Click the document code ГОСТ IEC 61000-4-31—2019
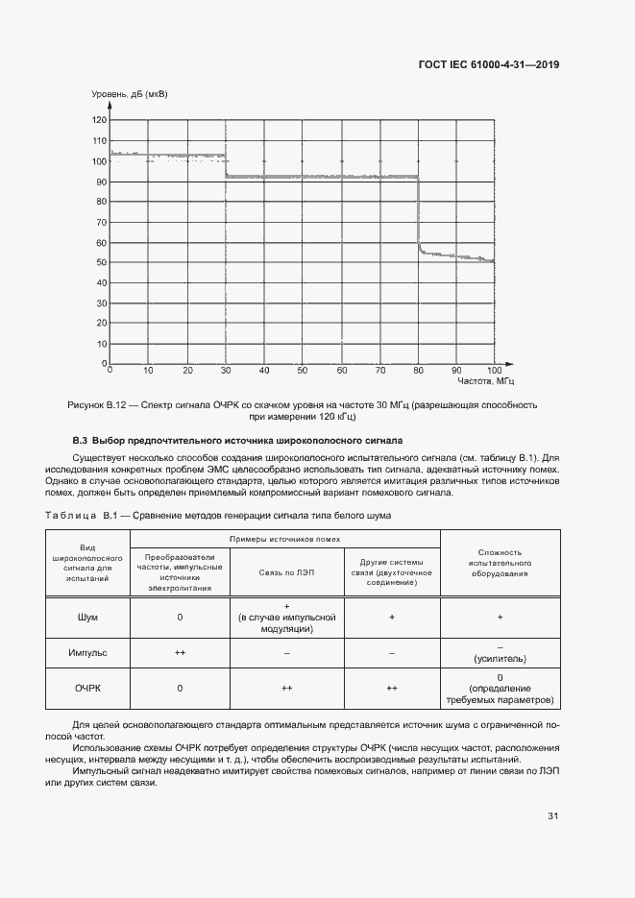pyautogui.click(x=488, y=65)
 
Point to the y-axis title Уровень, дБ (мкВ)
pyautogui.click(x=129, y=94)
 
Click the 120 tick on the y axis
pyautogui.click(x=100, y=120)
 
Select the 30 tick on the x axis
pyautogui.click(x=225, y=370)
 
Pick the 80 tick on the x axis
pyautogui.click(x=418, y=370)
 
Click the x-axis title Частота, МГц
pyautogui.click(x=471, y=381)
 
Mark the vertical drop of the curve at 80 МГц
pyautogui.click(x=419, y=211)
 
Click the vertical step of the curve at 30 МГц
pyautogui.click(x=225, y=165)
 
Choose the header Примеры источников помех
pyautogui.click(x=284, y=539)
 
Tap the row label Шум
pyautogui.click(x=87, y=617)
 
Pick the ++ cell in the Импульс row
pyautogui.click(x=180, y=652)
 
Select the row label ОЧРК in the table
pyautogui.click(x=87, y=689)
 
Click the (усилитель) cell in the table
pyautogui.click(x=501, y=659)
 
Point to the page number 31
pyautogui.click(x=552, y=816)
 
